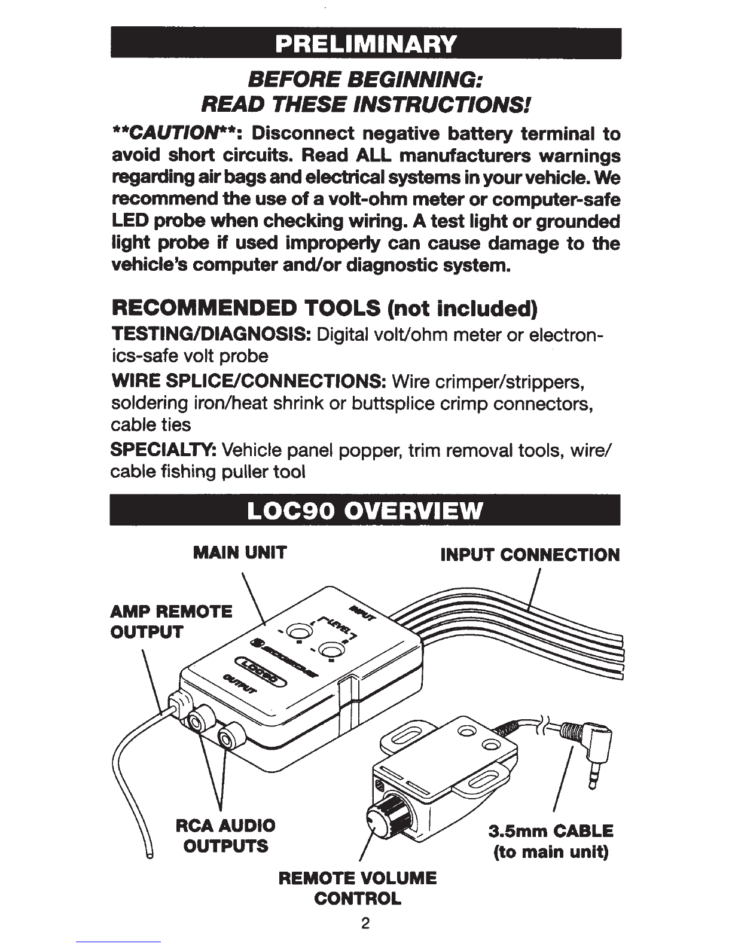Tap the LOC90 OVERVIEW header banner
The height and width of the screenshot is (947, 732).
[366, 512]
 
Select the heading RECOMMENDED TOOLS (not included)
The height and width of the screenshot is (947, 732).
[325, 309]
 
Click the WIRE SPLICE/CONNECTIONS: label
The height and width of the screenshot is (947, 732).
[248, 381]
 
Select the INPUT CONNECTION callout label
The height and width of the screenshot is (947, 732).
[530, 555]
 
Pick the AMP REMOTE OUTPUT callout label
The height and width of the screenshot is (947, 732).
[172, 622]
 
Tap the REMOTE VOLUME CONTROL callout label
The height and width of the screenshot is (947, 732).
[358, 888]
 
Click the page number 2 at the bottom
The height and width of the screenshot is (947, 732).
[366, 924]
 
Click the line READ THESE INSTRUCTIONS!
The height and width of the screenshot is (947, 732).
[366, 106]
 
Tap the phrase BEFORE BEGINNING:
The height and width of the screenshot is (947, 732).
[366, 79]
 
